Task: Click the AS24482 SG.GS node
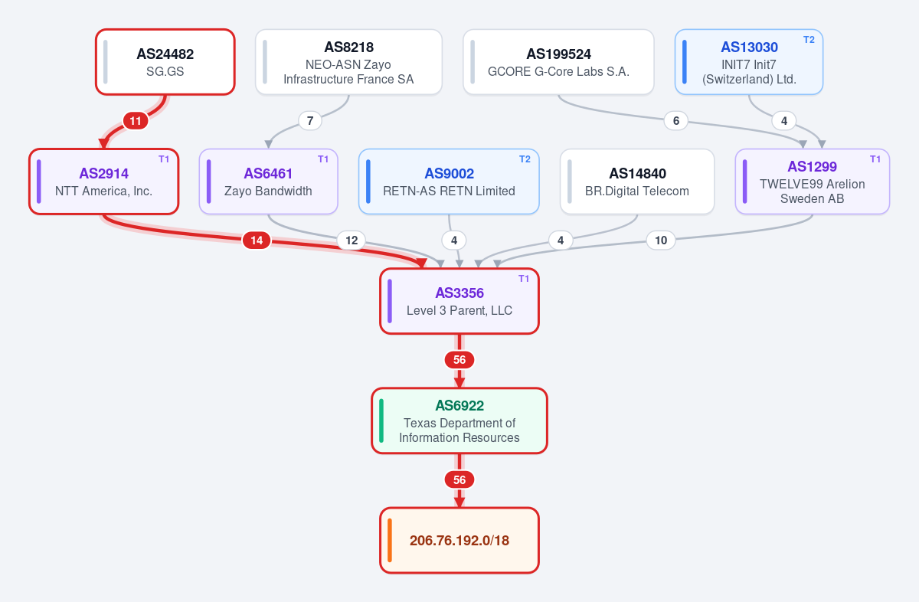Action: click(165, 62)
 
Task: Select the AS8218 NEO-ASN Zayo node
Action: click(348, 62)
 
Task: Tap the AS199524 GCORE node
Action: click(558, 62)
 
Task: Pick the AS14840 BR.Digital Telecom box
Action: click(637, 182)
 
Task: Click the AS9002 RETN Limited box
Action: click(449, 182)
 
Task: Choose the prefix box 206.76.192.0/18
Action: click(459, 541)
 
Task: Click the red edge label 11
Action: click(136, 121)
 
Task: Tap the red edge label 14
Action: click(257, 240)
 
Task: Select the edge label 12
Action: click(352, 240)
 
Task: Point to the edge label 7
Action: click(310, 121)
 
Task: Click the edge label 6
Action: click(676, 121)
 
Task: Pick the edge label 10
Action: click(661, 240)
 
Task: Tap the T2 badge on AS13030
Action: click(809, 40)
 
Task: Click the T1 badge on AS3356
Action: click(524, 279)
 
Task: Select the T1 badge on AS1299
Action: click(875, 159)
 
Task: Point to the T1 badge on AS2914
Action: click(164, 159)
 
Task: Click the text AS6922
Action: click(459, 405)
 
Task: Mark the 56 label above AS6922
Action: click(459, 360)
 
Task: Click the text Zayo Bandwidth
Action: click(268, 191)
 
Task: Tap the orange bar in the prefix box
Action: click(390, 541)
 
